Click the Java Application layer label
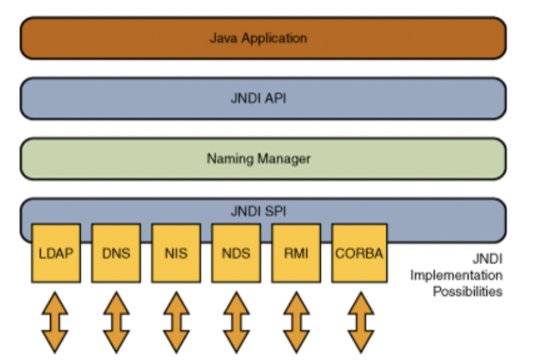[258, 38]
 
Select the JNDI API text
[258, 98]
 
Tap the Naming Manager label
[258, 159]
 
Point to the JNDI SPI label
[258, 211]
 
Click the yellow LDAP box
[56, 253]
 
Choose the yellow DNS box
[116, 253]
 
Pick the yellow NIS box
[176, 253]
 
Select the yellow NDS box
[236, 253]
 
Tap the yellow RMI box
[296, 253]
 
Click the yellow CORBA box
[359, 253]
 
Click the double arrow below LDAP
[55, 322]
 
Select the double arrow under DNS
[116, 322]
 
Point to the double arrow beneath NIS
[176, 322]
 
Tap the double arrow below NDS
[236, 322]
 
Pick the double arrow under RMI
[296, 322]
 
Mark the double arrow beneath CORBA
[361, 322]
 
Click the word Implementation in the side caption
[456, 276]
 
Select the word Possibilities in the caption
[468, 292]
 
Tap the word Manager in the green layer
[284, 159]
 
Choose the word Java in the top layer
[223, 38]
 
